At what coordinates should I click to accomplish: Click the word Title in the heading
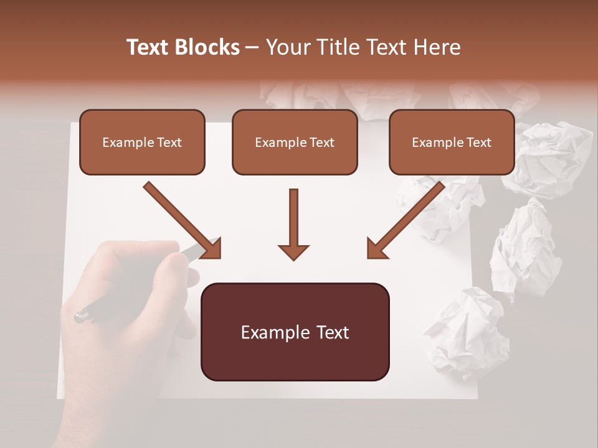tap(333, 47)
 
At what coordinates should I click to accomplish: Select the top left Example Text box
tap(142, 142)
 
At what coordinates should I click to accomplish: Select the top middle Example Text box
tap(295, 142)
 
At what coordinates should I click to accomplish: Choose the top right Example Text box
tap(452, 142)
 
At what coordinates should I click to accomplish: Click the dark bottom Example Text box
tap(295, 332)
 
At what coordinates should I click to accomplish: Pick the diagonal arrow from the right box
tap(406, 219)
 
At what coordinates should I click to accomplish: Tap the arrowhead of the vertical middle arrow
tap(293, 251)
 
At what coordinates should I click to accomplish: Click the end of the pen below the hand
tap(80, 316)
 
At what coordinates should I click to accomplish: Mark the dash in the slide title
tap(252, 47)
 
